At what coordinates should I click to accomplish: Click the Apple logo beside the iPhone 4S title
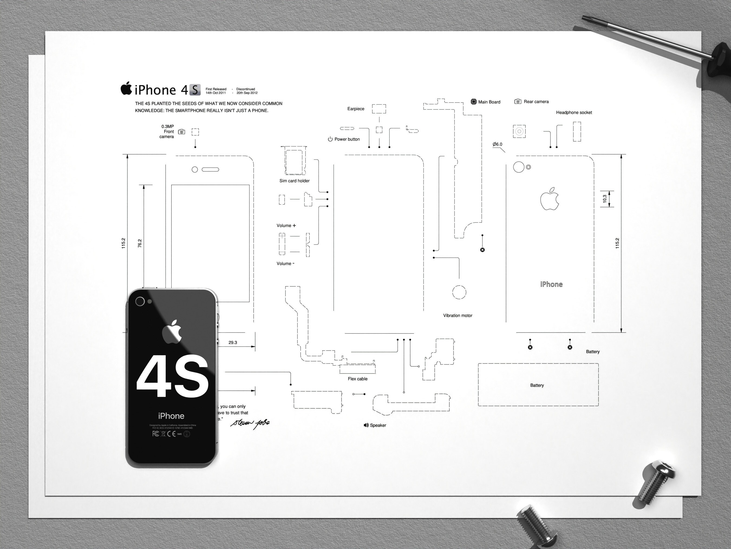(x=126, y=88)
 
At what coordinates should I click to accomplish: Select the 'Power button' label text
(x=347, y=139)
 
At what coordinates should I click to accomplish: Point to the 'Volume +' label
(x=286, y=226)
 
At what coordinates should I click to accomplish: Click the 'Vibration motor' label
(x=458, y=316)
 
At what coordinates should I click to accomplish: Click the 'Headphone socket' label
(x=574, y=113)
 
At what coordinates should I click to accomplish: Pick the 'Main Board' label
(x=489, y=102)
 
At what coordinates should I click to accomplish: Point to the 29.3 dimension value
(x=233, y=342)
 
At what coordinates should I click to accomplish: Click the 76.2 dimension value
(x=140, y=243)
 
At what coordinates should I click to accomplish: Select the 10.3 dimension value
(x=605, y=198)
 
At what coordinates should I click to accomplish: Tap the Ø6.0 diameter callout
(x=497, y=144)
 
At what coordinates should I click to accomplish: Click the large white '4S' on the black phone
(x=172, y=377)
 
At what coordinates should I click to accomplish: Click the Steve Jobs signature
(x=250, y=423)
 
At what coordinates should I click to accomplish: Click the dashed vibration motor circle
(x=459, y=292)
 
